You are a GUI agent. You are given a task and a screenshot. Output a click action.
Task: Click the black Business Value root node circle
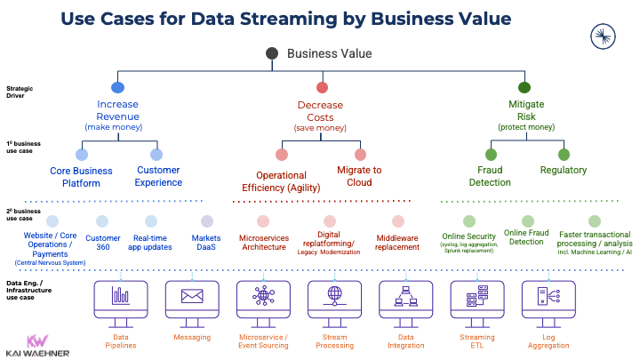point(273,54)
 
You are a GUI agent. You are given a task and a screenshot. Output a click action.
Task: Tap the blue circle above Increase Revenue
point(117,87)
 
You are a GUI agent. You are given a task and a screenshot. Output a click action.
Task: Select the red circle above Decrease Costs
point(320,87)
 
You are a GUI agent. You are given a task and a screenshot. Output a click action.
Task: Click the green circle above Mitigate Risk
point(524,87)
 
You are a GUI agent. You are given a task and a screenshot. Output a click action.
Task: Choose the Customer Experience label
point(157,176)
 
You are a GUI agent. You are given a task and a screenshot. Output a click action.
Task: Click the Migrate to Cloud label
point(359,176)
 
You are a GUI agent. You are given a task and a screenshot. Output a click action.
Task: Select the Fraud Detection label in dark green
point(491,176)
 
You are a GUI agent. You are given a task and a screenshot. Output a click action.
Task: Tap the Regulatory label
point(564,170)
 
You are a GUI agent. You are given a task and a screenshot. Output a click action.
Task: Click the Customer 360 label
point(102,244)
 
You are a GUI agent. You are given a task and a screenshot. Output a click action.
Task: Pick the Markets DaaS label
point(206,244)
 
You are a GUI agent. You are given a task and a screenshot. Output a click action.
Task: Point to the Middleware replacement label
point(397,244)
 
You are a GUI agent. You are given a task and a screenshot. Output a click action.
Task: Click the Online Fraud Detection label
point(524,236)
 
